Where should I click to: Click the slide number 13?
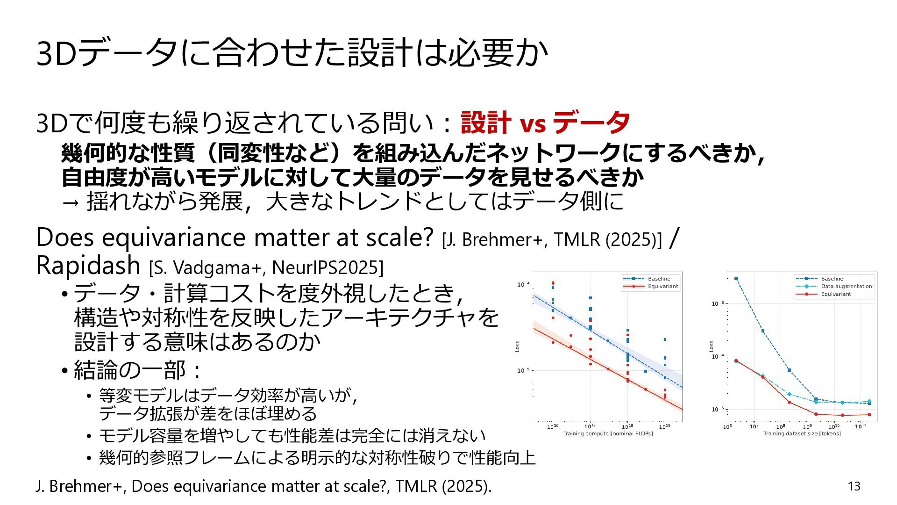click(854, 486)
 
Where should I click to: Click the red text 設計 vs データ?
click(545, 123)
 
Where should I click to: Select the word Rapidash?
click(88, 265)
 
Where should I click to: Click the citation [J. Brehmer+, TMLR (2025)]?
click(552, 239)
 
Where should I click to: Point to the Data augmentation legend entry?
click(833, 286)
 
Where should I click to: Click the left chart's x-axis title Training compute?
click(608, 433)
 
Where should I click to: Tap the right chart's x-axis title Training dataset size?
click(802, 433)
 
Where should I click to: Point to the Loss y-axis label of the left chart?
click(517, 346)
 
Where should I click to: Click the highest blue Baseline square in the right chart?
click(736, 279)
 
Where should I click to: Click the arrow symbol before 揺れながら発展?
click(70, 203)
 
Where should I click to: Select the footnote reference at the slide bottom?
click(264, 486)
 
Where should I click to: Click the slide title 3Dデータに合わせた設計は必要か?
click(292, 52)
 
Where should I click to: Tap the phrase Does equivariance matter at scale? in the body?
click(235, 237)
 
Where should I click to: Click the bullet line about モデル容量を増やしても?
click(292, 436)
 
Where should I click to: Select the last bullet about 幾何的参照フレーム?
click(317, 457)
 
